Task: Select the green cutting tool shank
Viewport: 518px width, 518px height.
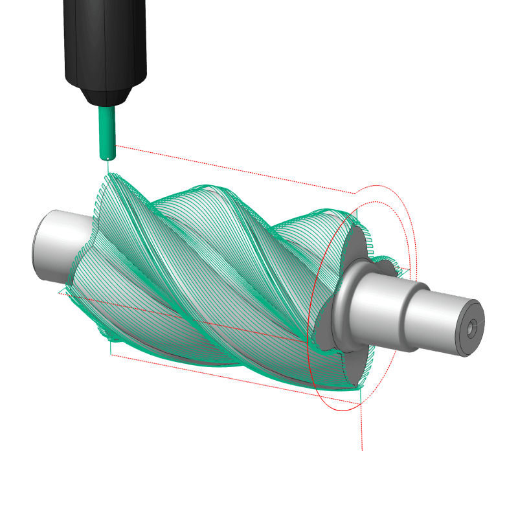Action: point(106,133)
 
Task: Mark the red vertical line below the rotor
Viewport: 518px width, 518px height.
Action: point(362,427)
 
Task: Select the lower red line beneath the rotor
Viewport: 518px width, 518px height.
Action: point(233,379)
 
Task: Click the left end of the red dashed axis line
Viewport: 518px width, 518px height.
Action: point(62,293)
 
